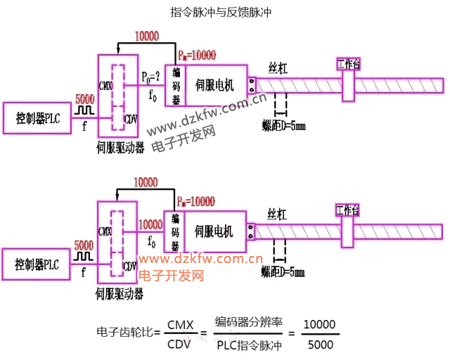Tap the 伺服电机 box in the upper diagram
(x=215, y=86)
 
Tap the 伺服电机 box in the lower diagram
(x=214, y=231)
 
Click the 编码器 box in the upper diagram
(x=176, y=86)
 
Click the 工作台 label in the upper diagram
(x=348, y=64)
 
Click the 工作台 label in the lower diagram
(x=347, y=210)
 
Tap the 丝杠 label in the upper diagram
(x=277, y=67)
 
